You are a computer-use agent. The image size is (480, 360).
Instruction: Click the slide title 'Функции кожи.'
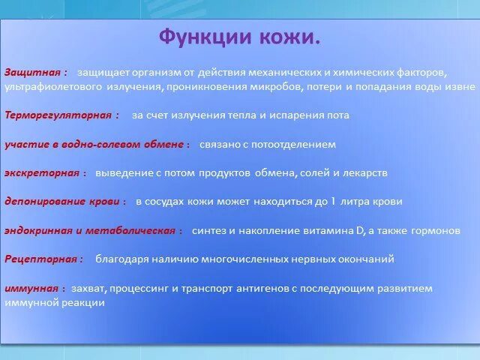click(x=240, y=37)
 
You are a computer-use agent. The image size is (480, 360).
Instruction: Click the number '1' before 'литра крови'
click(x=334, y=201)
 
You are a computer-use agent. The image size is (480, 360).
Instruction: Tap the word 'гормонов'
click(x=433, y=230)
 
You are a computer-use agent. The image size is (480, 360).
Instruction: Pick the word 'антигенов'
click(x=264, y=288)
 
